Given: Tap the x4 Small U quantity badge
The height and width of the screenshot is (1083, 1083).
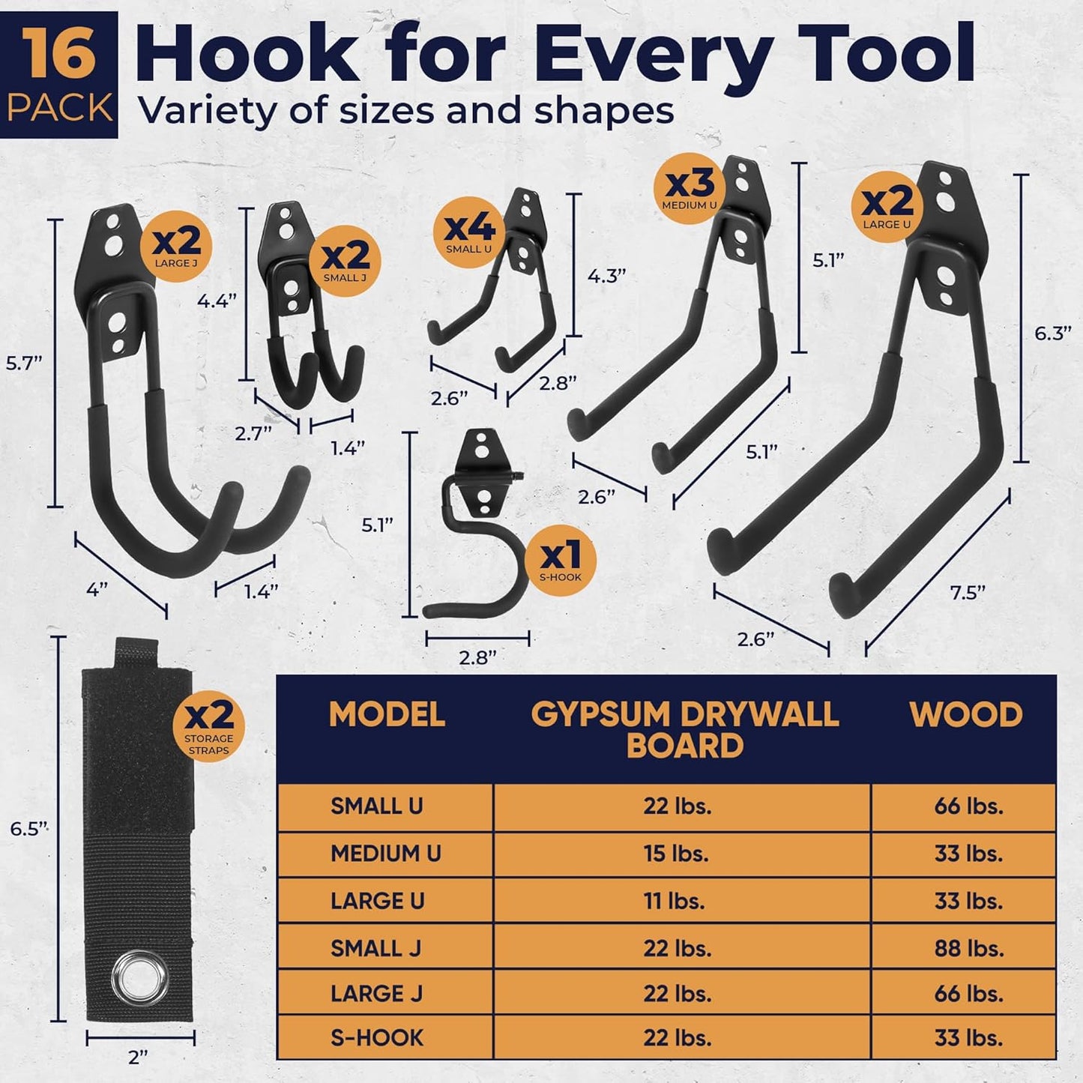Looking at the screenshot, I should coord(470,232).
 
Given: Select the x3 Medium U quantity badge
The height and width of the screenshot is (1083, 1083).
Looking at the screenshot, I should coord(690,188).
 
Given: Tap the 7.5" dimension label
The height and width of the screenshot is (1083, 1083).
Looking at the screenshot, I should coord(967,592).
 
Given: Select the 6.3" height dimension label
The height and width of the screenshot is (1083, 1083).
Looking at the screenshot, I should coord(1052,334).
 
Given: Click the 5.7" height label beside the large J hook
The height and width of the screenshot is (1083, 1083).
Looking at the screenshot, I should coord(24,363).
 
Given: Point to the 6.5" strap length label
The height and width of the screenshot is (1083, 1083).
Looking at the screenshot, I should coord(29,828).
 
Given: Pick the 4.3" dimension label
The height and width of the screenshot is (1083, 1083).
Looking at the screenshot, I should coord(606,276).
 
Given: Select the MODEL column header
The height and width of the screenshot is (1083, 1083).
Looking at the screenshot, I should coord(387,715).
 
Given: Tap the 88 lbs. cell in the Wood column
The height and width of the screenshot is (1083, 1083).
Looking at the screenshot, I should coord(968,948).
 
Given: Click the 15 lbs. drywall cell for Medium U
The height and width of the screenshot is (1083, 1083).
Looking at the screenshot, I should coord(676,854).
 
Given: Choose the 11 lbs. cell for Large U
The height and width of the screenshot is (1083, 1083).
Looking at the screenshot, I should coord(675,901).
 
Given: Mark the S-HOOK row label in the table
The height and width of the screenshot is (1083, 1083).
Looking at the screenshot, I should coord(377,1038).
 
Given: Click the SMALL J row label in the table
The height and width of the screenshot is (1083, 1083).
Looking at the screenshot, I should coord(375,948).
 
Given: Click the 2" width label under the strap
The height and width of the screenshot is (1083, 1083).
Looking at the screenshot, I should coord(138,1058).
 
